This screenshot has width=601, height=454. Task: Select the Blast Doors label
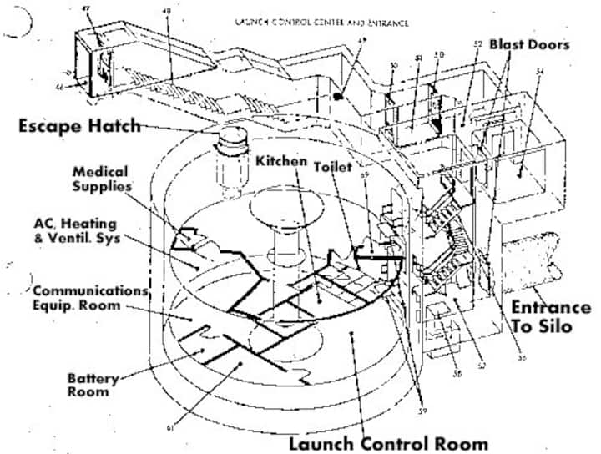(529, 43)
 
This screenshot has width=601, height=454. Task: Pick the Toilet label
(331, 166)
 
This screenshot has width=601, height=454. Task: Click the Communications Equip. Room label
(88, 298)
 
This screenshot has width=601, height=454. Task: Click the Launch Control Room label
(387, 442)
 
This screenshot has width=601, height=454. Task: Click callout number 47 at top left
(85, 8)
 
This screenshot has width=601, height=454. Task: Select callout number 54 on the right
(539, 73)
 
